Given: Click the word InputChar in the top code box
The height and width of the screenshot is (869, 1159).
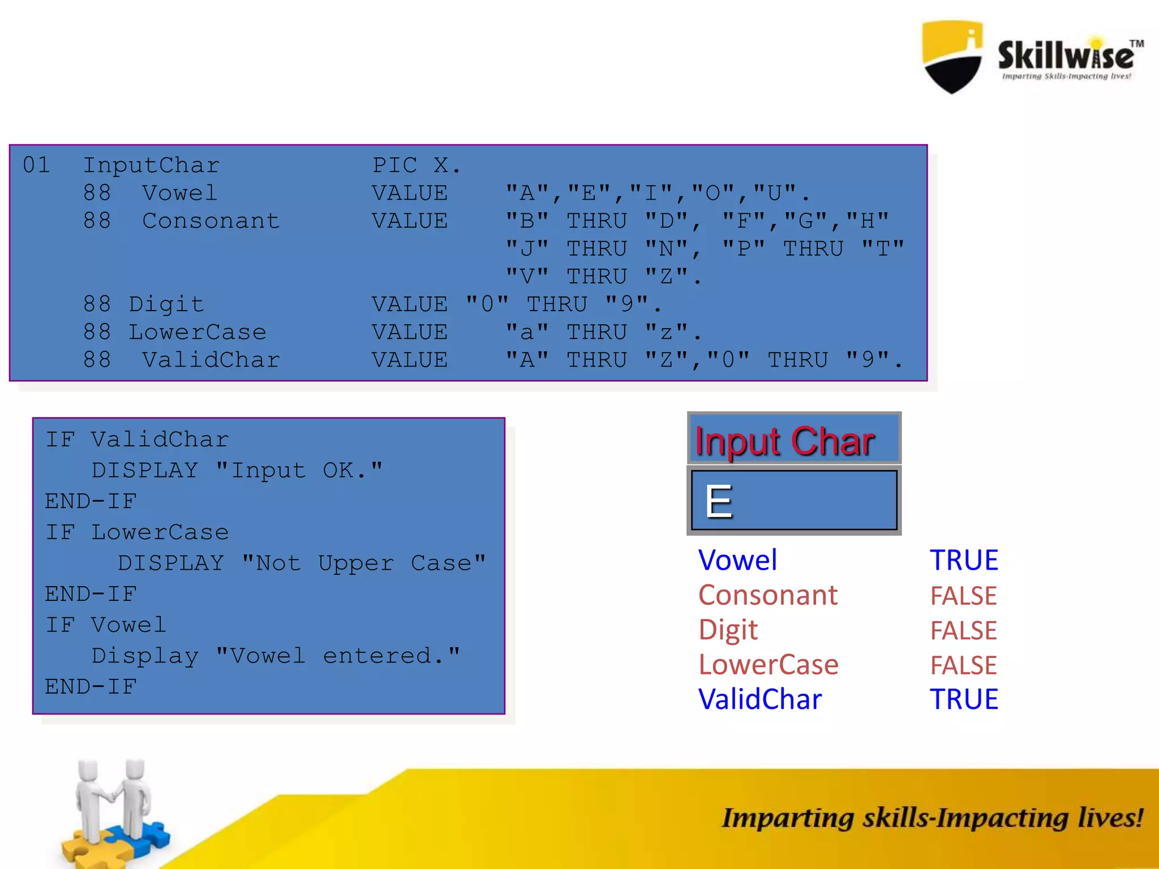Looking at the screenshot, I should (151, 165).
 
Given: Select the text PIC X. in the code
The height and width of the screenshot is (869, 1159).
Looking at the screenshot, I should (416, 165).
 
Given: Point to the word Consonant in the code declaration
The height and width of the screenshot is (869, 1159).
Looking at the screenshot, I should (211, 221).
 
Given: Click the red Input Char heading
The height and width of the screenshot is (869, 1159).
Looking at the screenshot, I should (785, 441).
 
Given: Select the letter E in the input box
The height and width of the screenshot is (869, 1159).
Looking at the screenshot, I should (719, 501).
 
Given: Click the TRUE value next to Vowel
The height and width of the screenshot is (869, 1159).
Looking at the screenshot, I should (964, 560).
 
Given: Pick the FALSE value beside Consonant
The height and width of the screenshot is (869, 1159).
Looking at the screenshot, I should (963, 596).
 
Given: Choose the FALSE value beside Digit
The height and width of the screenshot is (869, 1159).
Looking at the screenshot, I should (963, 630).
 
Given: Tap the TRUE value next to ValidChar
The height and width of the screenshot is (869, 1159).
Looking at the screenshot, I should (964, 699).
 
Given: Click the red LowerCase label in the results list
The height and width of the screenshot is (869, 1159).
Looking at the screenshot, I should (768, 665).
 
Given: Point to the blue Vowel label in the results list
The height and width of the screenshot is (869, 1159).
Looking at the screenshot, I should (737, 560).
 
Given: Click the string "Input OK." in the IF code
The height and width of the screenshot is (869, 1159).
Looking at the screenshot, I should (299, 470).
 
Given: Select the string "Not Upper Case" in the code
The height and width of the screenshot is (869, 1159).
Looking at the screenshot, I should (363, 563).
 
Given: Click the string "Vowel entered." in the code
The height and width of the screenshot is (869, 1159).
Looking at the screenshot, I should (338, 656).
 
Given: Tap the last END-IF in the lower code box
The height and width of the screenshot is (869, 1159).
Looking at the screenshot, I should (91, 687).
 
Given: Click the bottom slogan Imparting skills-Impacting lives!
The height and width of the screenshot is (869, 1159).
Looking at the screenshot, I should (932, 818).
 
